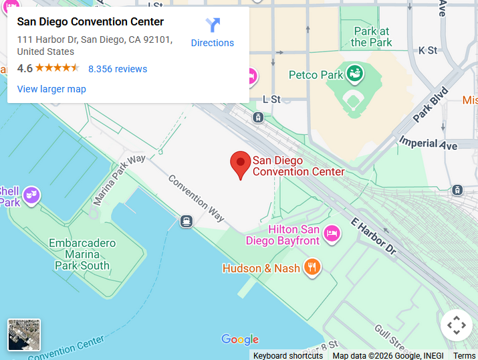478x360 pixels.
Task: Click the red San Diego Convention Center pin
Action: [241, 163]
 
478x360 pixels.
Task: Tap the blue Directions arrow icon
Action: [213, 25]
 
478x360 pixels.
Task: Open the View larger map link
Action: [51, 89]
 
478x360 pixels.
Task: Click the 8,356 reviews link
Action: [118, 69]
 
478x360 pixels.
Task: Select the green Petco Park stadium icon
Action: [355, 74]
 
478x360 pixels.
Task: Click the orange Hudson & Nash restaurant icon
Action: [312, 268]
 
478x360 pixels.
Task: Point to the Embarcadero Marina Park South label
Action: [82, 254]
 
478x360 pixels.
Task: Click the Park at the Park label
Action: [372, 37]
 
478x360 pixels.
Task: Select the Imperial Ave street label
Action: [428, 143]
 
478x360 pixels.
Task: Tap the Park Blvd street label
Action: [430, 105]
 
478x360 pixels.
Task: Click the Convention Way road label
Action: [196, 197]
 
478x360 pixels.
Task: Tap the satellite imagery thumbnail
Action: [24, 335]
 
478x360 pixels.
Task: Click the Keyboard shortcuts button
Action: [287, 355]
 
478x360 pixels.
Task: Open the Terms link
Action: [464, 355]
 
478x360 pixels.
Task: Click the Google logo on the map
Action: [239, 340]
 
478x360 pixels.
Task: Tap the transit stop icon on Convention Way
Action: [187, 221]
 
